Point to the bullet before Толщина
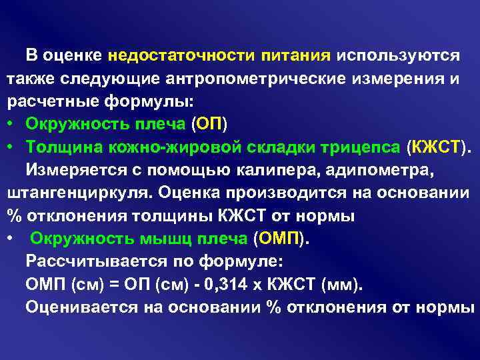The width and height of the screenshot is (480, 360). [x=11, y=147]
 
